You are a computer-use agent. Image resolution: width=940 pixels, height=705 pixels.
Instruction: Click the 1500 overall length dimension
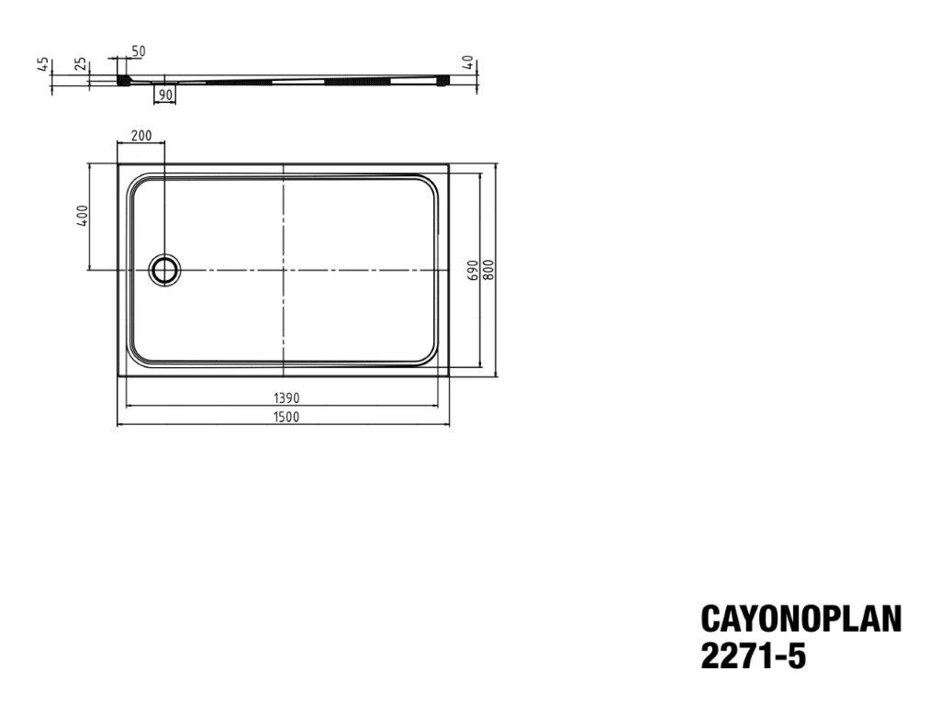pyautogui.click(x=286, y=417)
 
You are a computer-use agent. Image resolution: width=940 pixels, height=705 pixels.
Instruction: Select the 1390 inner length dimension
pyautogui.click(x=286, y=397)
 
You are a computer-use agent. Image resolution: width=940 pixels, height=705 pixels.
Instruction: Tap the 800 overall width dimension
pyautogui.click(x=488, y=271)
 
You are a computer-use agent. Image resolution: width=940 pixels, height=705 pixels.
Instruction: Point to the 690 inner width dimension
pyautogui.click(x=473, y=271)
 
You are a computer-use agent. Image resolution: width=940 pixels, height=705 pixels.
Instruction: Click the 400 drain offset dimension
pyautogui.click(x=82, y=216)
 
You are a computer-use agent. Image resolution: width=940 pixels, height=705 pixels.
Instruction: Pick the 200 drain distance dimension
pyautogui.click(x=140, y=136)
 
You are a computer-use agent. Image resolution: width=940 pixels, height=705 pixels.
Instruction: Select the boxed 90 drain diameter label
pyautogui.click(x=165, y=95)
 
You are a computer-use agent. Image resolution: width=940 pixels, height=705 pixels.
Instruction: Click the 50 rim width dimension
pyautogui.click(x=138, y=51)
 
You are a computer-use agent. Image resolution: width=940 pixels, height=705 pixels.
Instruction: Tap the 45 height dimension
pyautogui.click(x=43, y=64)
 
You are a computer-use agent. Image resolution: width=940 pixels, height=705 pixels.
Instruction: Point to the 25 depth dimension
pyautogui.click(x=81, y=64)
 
